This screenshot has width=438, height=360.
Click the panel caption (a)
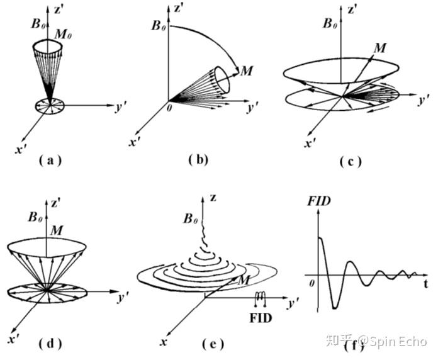[x=50, y=160]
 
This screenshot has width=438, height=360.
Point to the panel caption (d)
[x=50, y=343]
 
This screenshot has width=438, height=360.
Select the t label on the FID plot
[x=425, y=283]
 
